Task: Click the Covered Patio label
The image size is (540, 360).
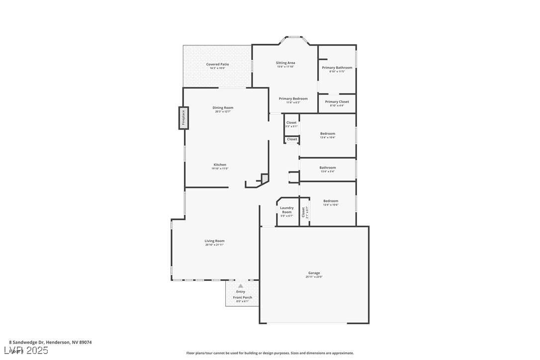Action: click(217, 64)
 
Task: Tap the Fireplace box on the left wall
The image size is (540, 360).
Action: click(183, 118)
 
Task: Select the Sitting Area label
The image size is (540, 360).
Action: click(285, 63)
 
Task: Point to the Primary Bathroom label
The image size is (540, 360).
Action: click(337, 68)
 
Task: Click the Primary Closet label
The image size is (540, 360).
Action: click(337, 101)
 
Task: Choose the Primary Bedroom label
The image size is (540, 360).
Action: click(293, 98)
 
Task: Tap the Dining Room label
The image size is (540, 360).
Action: click(223, 107)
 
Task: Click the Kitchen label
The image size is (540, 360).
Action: click(220, 165)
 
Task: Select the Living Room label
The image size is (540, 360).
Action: click(214, 241)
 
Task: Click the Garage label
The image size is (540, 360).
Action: click(314, 273)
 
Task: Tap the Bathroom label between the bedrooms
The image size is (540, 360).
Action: click(327, 168)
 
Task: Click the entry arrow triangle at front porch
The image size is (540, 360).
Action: click(241, 286)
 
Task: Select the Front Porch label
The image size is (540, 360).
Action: click(243, 297)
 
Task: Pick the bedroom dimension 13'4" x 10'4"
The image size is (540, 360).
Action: click(327, 138)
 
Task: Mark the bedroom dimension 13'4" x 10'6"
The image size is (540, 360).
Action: click(331, 205)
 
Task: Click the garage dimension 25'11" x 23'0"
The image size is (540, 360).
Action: click(314, 277)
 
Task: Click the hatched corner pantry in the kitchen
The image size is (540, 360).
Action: click(265, 178)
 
